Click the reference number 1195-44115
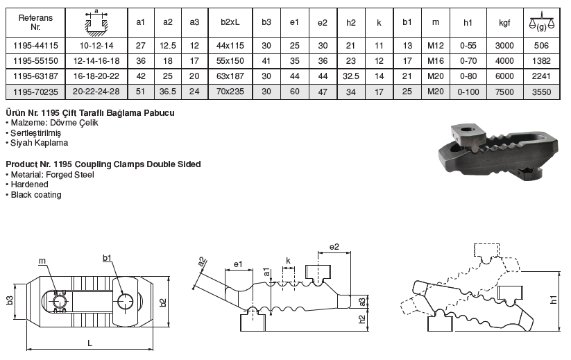(35, 46)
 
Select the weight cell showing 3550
(541, 92)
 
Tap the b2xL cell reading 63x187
(230, 76)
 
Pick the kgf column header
(504, 23)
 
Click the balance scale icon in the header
(541, 22)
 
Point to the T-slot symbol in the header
(96, 23)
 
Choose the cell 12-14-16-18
(96, 61)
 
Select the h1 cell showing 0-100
(468, 92)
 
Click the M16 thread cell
(436, 61)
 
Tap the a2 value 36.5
(167, 92)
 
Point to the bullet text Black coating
(36, 195)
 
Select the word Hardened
(30, 185)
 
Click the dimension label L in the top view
(90, 343)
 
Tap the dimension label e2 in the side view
(334, 247)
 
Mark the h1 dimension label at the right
(554, 300)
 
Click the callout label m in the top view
(42, 261)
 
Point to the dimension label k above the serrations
(288, 261)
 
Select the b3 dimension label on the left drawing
(10, 300)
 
